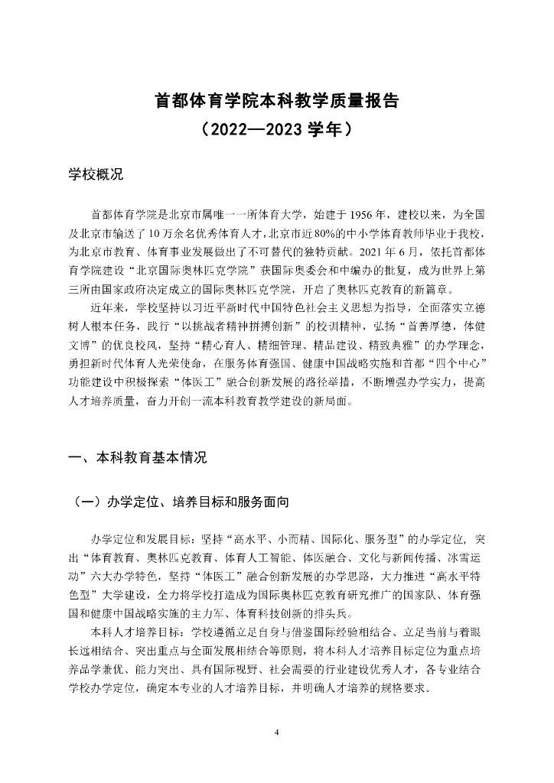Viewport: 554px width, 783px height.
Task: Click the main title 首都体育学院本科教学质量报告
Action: point(276,101)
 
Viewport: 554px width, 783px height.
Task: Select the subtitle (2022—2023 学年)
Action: point(276,128)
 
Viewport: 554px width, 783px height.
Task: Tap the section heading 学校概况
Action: point(96,174)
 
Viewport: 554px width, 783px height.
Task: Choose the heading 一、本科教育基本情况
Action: point(138,458)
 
